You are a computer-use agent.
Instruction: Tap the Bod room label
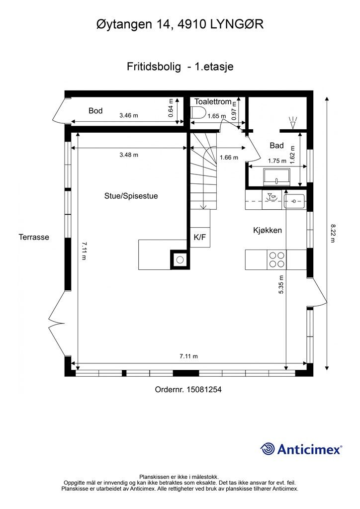[x=95, y=111]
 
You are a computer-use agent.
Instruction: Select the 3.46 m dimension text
[x=129, y=115]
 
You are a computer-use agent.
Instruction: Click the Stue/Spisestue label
[x=131, y=196]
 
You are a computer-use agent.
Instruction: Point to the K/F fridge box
[x=200, y=237]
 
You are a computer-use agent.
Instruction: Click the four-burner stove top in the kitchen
[x=276, y=259]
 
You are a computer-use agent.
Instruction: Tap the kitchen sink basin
[x=294, y=201]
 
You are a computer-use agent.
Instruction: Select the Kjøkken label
[x=268, y=230]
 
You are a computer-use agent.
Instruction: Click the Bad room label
[x=276, y=146]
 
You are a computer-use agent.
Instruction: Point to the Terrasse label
[x=34, y=237]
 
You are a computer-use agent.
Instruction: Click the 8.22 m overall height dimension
[x=333, y=233]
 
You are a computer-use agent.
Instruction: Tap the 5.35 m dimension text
[x=281, y=285]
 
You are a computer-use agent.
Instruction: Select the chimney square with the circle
[x=180, y=259]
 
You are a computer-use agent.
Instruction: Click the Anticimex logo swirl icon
[x=268, y=449]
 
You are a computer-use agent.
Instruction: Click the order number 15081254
[x=204, y=389]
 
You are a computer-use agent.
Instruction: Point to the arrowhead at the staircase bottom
[x=203, y=207]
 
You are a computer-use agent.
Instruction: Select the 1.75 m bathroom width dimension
[x=277, y=161]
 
